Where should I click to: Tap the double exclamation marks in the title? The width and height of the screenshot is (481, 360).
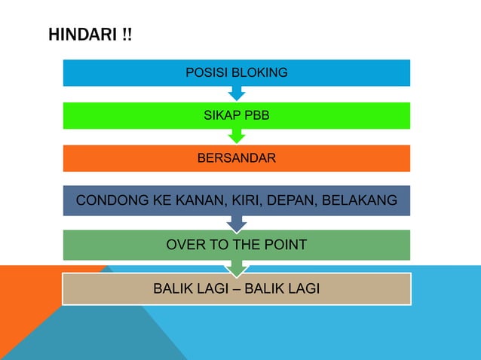coord(124,35)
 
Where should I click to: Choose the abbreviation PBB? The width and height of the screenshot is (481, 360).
coord(256,116)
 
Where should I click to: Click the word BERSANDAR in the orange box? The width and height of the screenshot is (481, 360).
coord(236,158)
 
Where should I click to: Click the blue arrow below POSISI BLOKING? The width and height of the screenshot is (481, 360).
coord(237,93)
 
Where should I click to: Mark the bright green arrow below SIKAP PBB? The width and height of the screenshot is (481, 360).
coord(237,136)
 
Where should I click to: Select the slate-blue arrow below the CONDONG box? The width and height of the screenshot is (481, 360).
coord(237,223)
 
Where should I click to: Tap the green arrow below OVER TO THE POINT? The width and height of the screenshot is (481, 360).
coord(237,267)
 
